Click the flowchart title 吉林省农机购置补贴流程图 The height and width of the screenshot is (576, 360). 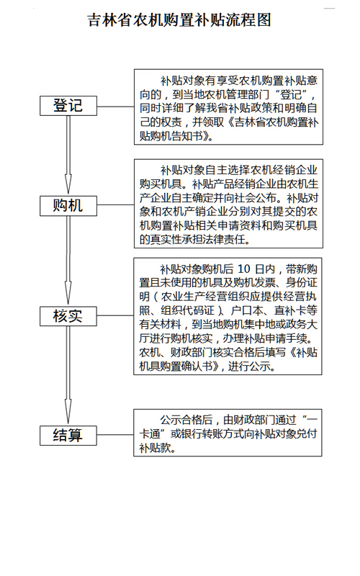(x=179, y=20)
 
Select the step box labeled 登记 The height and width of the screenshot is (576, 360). (x=68, y=106)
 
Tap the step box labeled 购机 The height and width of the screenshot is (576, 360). (x=68, y=206)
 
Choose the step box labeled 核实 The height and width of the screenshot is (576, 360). (x=68, y=316)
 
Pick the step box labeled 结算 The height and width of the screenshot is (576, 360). (x=68, y=436)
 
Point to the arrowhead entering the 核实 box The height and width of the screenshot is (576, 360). (x=68, y=294)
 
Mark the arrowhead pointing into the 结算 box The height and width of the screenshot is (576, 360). (x=68, y=411)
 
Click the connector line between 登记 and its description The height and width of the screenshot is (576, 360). (x=115, y=107)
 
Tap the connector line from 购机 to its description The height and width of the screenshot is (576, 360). (x=115, y=205)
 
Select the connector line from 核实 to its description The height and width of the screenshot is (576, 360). (x=115, y=315)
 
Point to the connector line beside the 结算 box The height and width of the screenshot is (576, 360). (x=115, y=435)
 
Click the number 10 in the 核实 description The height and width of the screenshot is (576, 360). (x=243, y=269)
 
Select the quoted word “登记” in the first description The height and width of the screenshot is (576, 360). (x=291, y=95)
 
